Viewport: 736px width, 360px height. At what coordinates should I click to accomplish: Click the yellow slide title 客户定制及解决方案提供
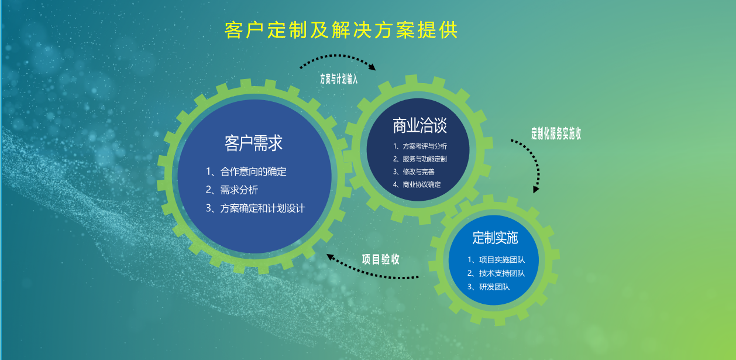[341, 30]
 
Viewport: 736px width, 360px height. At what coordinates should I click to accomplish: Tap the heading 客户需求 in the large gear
[253, 143]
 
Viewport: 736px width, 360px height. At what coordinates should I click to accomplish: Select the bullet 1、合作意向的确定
[246, 172]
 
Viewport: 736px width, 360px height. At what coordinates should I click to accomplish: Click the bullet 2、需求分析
[232, 190]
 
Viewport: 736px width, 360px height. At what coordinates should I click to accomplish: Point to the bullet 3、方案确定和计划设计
[255, 208]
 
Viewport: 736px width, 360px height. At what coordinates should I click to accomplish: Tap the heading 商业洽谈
[420, 126]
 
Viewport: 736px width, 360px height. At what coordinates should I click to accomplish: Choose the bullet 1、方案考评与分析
[420, 146]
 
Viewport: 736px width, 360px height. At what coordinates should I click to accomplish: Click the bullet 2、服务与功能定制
[420, 159]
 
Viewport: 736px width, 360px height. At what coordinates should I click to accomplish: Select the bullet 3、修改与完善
[414, 172]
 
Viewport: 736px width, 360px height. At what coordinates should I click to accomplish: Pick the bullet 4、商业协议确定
[417, 185]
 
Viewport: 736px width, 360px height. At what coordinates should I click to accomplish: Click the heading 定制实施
[495, 238]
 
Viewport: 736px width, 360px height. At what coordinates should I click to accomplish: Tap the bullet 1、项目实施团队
[496, 260]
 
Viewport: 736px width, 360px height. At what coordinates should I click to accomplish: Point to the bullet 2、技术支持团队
[496, 273]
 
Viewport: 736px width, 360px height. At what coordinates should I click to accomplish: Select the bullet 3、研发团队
[489, 287]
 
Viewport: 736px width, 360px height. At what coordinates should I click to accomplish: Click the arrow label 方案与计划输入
[339, 79]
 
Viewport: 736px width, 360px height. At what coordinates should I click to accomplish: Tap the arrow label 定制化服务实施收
[556, 133]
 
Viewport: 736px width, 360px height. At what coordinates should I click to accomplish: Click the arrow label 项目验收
[381, 259]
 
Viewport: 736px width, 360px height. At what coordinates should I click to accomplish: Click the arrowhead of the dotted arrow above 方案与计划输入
[372, 67]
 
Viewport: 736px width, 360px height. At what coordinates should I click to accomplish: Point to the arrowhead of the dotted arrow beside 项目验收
[330, 257]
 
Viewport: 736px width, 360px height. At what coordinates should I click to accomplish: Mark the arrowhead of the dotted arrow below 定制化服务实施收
[535, 190]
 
